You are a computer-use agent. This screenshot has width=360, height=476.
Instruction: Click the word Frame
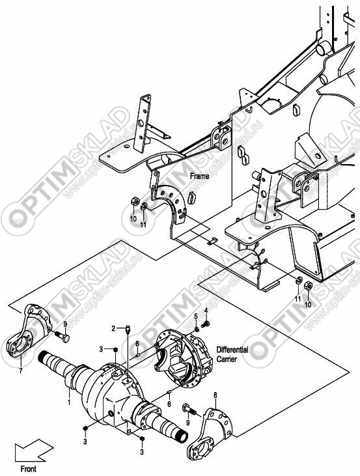pyautogui.click(x=199, y=176)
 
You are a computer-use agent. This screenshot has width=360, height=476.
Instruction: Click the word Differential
pyautogui.click(x=232, y=350)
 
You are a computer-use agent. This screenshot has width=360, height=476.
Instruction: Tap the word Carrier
pyautogui.click(x=227, y=359)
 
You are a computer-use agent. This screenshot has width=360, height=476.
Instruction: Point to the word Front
pyautogui.click(x=28, y=468)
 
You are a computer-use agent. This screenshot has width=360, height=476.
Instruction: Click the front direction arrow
pyautogui.click(x=34, y=450)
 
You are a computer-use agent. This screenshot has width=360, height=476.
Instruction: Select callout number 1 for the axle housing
pyautogui.click(x=69, y=402)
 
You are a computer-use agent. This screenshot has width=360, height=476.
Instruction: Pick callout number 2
pyautogui.click(x=113, y=328)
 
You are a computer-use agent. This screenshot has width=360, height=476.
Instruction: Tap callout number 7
pyautogui.click(x=21, y=371)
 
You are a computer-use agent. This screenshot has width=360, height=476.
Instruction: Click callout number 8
pyautogui.click(x=215, y=395)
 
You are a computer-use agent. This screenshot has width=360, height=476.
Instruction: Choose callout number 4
pyautogui.click(x=206, y=310)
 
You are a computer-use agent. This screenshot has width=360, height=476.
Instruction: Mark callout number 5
pyautogui.click(x=196, y=316)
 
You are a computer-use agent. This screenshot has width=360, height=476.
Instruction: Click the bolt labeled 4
pyautogui.click(x=206, y=324)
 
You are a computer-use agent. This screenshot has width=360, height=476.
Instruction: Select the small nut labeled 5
pyautogui.click(x=197, y=329)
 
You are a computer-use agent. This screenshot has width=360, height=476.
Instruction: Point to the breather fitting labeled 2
pyautogui.click(x=128, y=329)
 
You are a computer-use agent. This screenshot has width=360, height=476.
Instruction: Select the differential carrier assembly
pyautogui.click(x=183, y=358)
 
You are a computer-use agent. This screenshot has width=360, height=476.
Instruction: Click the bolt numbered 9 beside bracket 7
pyautogui.click(x=62, y=337)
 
